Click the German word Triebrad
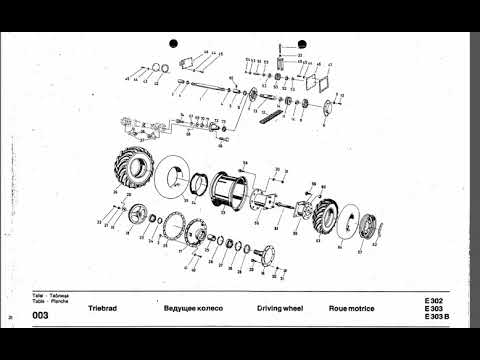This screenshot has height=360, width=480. pos(104,310)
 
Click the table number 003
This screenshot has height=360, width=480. pos(40,316)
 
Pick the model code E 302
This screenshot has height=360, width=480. pos(432,301)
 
